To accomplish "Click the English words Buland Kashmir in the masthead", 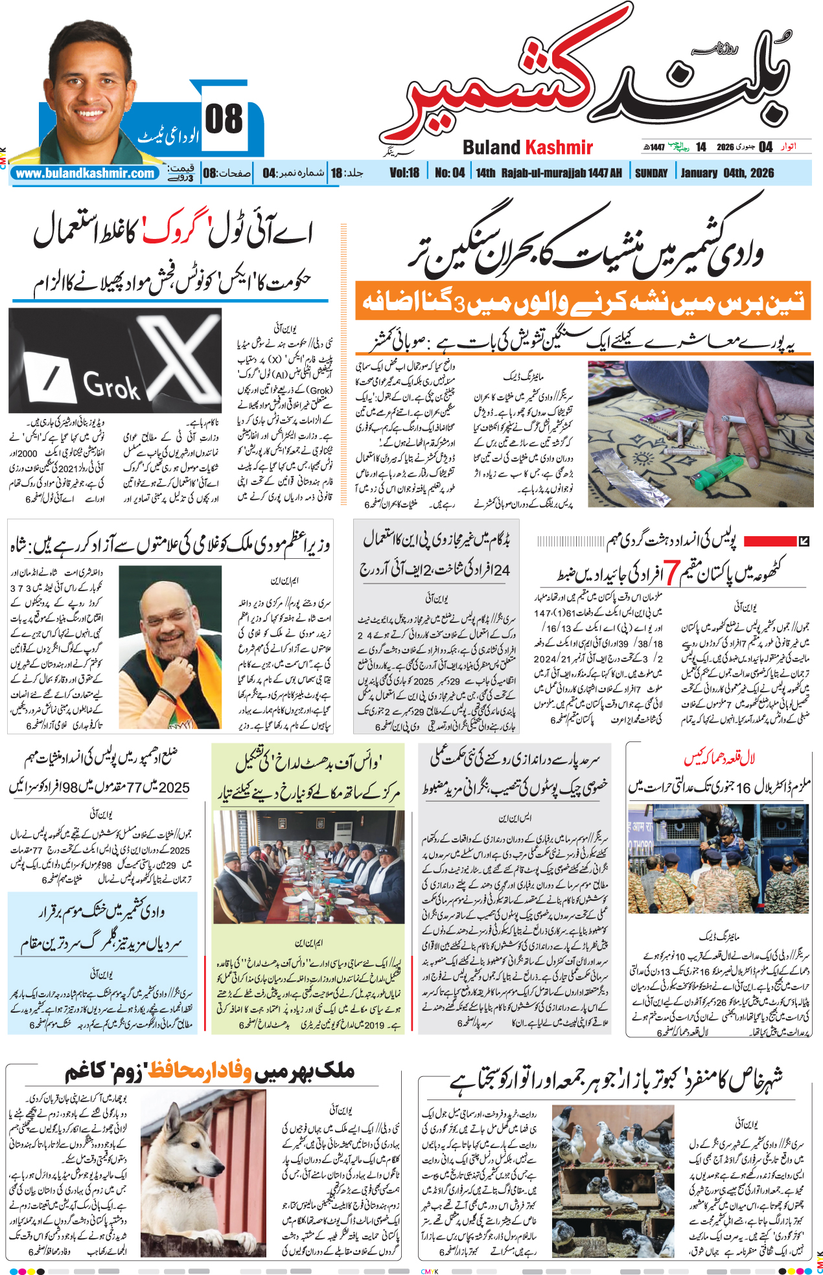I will pyautogui.click(x=527, y=148).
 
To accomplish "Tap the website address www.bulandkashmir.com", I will pyautogui.click(x=86, y=174).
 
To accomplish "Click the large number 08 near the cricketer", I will pyautogui.click(x=224, y=119).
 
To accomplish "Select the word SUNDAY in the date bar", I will pyautogui.click(x=651, y=173).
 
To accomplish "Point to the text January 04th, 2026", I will pyautogui.click(x=727, y=173).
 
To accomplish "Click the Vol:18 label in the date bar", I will pyautogui.click(x=404, y=173).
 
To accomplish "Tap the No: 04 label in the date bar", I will pyautogui.click(x=449, y=173).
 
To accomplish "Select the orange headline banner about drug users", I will pyautogui.click(x=583, y=301).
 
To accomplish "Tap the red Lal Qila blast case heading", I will pyautogui.click(x=719, y=758).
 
